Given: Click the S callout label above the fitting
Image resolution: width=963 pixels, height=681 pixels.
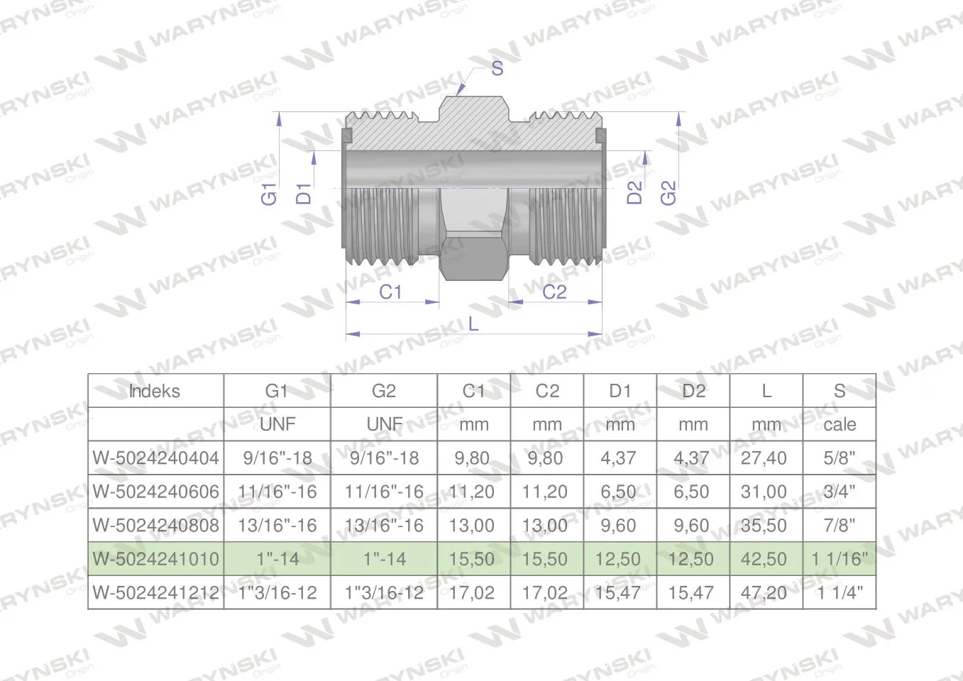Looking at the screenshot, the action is pos(497,68).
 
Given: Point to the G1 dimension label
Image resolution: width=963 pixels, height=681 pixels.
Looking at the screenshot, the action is pos(269,194).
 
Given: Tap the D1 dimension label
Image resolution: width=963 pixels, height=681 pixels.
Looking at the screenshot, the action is pos(304,194).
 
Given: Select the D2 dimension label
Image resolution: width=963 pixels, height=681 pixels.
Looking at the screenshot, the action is pos(634,192).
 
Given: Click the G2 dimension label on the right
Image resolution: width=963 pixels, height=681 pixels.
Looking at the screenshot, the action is pos(668,192).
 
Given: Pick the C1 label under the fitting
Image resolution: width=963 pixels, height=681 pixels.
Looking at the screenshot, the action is pos(390,292).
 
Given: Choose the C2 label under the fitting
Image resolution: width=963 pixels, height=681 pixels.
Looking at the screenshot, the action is pos(554,292).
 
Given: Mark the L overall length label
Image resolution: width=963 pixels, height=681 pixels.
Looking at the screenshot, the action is pos(473,324).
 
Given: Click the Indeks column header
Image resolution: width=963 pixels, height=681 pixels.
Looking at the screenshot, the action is pos(155,391).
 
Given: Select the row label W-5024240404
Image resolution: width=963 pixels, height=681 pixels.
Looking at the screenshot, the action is pos(155,458).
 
